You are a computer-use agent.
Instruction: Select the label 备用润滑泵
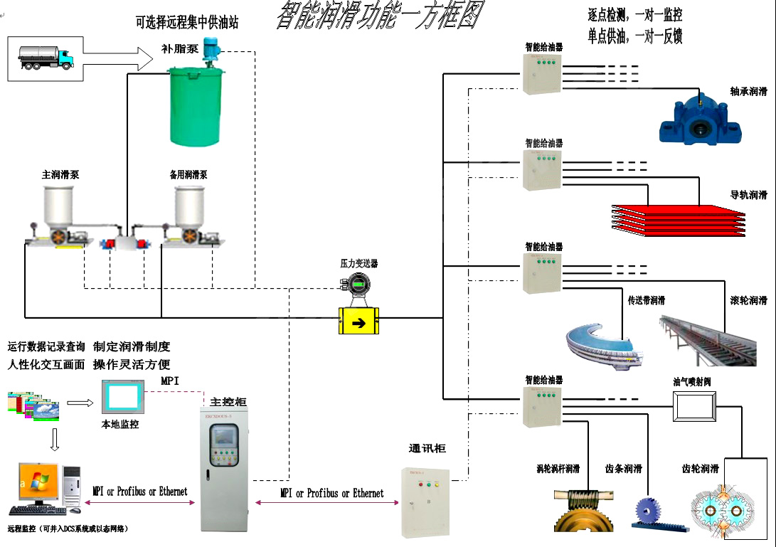[x=188, y=174]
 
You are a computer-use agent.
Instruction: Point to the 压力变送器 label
[x=358, y=263]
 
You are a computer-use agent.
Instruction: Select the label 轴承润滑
[x=748, y=91]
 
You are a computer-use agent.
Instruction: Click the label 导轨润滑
[x=748, y=195]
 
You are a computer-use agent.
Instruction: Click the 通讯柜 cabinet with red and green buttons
[x=425, y=501]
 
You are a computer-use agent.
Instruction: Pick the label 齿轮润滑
[x=700, y=469]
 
